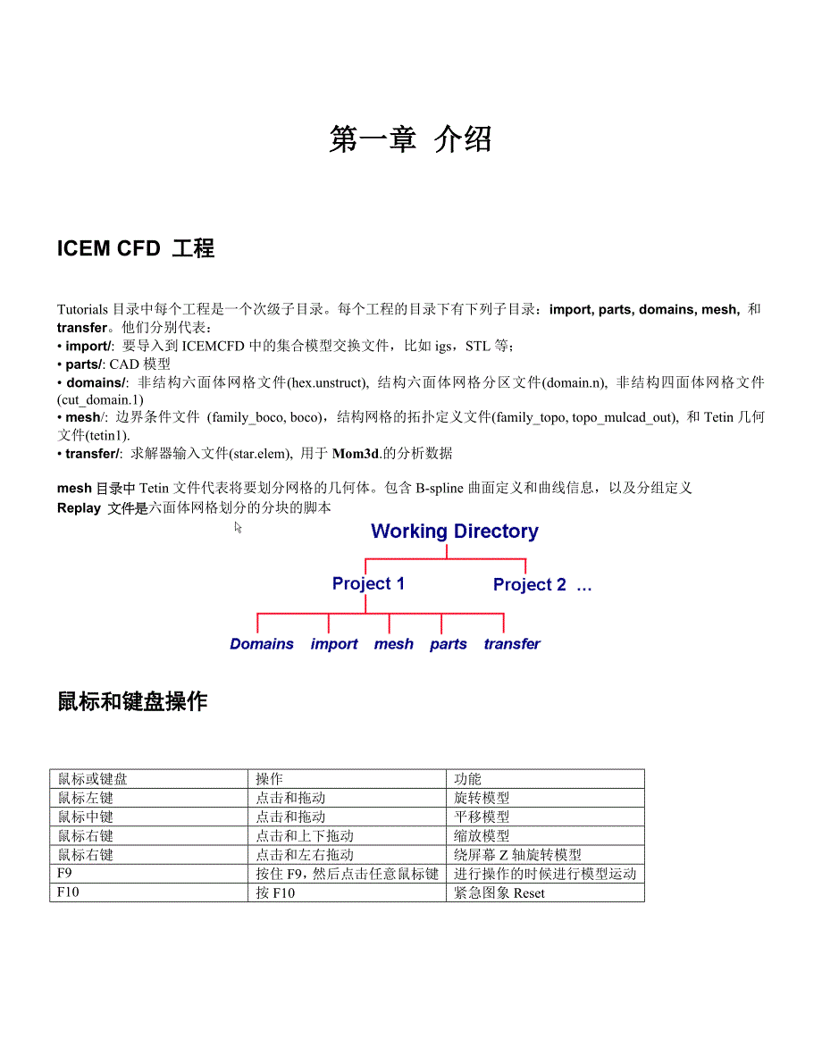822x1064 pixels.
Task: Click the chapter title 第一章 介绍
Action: point(410,139)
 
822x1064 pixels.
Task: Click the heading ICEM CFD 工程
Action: point(136,248)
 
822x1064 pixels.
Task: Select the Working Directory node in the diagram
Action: point(454,531)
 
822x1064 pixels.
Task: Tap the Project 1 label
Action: point(368,583)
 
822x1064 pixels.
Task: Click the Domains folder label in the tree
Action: point(262,644)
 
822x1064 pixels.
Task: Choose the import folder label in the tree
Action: point(334,644)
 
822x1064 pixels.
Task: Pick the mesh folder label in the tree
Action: point(393,644)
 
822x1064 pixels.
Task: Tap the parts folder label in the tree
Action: point(448,644)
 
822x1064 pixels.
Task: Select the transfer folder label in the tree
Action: point(512,644)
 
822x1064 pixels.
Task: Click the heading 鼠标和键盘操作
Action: point(132,702)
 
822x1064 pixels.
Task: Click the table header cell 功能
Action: point(468,779)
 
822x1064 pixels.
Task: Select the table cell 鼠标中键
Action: point(86,817)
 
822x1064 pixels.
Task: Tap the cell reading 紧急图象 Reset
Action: point(499,892)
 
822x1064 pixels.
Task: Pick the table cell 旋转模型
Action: point(482,798)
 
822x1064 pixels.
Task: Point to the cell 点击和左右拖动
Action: point(305,855)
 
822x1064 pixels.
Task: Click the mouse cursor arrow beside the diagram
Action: point(239,528)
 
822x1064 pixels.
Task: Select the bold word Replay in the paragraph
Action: point(79,507)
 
